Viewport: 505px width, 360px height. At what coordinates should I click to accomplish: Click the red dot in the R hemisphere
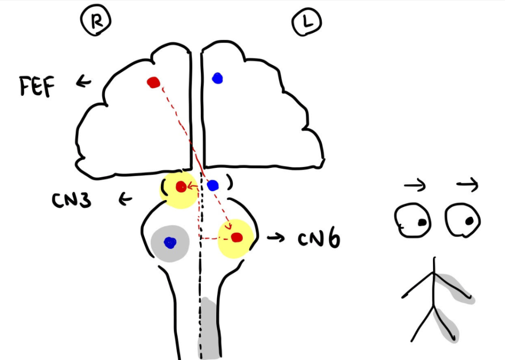(x=154, y=82)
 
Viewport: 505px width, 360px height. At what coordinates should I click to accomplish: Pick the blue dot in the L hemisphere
(x=217, y=78)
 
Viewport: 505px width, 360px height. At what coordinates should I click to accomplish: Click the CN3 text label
(x=72, y=200)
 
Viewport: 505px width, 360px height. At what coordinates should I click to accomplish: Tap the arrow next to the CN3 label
(x=125, y=200)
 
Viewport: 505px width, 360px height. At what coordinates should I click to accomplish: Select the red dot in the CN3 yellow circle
(x=181, y=187)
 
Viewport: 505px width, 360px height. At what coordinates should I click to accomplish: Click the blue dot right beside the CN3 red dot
(x=213, y=186)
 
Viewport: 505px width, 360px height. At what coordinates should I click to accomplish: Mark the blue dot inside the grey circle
(x=170, y=242)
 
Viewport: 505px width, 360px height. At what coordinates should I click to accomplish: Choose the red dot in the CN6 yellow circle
(x=237, y=238)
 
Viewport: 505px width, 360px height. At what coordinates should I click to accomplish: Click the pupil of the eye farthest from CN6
(x=422, y=223)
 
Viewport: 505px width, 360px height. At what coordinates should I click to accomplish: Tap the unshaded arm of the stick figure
(x=418, y=286)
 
